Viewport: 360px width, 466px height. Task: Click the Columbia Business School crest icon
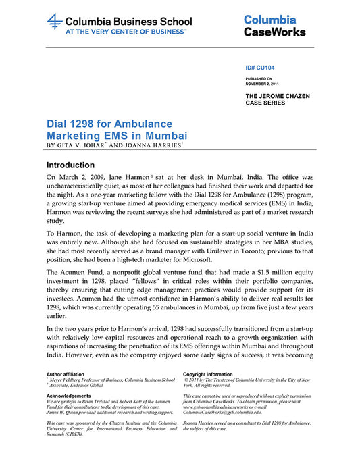(x=55, y=22)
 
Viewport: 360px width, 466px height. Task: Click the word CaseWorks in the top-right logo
(x=274, y=32)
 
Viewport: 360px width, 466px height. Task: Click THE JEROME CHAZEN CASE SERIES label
(x=278, y=99)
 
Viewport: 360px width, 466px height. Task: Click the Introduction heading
(x=80, y=165)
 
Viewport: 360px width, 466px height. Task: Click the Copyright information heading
(x=210, y=373)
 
